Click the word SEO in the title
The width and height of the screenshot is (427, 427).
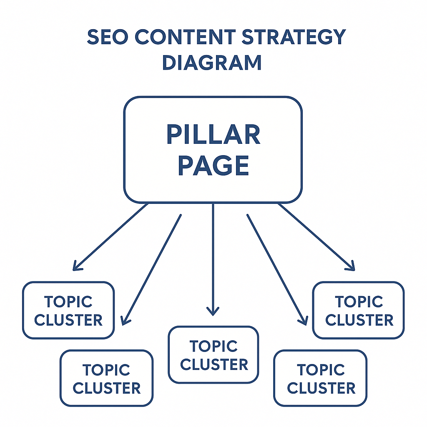point(107,38)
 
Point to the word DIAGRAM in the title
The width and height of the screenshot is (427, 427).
point(212,63)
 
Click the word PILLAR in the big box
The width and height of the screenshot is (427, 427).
point(213,135)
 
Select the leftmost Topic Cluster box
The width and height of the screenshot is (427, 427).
point(68,310)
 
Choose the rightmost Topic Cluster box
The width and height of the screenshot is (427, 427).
point(359,310)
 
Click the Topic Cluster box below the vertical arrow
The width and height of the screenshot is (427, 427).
point(213,355)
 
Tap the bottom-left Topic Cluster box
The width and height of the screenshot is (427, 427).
point(107,378)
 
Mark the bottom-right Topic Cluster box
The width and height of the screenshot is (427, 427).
point(321,378)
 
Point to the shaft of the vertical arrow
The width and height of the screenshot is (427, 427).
point(213,254)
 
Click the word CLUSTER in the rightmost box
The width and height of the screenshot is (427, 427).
point(359,320)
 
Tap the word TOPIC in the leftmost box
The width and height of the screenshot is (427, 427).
point(68,301)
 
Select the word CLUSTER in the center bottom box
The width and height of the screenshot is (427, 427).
point(214,364)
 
